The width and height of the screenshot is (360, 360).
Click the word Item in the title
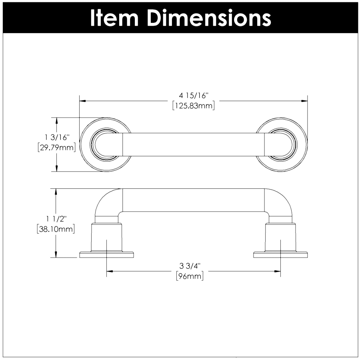[114, 18]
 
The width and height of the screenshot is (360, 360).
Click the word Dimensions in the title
[209, 18]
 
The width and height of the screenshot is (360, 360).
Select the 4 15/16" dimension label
[194, 95]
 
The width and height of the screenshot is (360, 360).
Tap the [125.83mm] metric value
[194, 106]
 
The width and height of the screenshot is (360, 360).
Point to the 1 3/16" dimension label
[57, 137]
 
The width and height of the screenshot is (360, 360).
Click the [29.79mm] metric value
[57, 147]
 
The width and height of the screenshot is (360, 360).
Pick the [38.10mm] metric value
[56, 229]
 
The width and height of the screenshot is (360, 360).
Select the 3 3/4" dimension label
[190, 266]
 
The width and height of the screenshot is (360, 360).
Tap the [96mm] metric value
[190, 276]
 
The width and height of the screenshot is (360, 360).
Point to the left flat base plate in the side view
[106, 255]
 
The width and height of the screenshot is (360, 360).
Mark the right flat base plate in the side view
[280, 255]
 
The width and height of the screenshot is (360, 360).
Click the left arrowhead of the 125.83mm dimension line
[82, 101]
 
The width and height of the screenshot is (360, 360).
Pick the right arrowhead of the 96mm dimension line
[277, 271]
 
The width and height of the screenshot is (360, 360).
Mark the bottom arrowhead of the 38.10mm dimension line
[56, 254]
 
